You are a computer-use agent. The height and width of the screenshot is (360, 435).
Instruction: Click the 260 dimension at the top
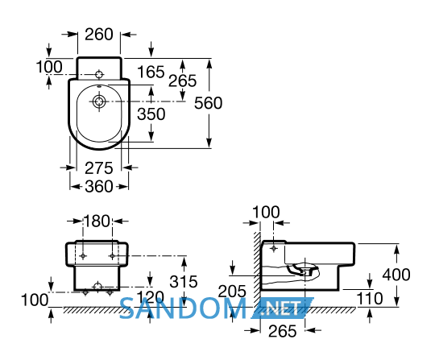point(99,35)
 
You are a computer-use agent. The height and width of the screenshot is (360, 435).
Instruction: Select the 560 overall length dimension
point(208,103)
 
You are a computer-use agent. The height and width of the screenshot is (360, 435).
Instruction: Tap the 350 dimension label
point(151,114)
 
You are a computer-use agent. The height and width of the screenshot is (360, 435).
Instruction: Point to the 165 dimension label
point(151,72)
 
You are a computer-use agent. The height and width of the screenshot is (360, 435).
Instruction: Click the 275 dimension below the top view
point(99,168)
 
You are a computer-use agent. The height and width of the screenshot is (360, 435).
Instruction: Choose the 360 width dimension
point(99,186)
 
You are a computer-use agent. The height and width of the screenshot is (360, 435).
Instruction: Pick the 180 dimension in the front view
point(97,221)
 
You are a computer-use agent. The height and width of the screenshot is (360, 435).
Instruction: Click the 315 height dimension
point(184,282)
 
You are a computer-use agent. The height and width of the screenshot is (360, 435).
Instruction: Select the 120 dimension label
point(151,297)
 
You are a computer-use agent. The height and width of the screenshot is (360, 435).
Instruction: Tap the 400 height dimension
point(396,275)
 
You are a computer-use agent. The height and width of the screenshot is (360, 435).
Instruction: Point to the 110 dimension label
point(369,299)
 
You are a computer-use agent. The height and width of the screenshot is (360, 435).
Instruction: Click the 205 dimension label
point(232,292)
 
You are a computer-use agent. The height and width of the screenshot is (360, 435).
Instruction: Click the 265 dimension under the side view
point(283,331)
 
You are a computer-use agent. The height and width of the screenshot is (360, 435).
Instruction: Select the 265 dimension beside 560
point(182,81)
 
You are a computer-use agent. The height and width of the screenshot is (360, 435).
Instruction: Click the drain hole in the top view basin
point(99,101)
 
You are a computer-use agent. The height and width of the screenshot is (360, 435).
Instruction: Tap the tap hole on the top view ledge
point(99,75)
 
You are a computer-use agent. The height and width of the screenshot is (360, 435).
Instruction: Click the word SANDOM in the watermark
point(183,308)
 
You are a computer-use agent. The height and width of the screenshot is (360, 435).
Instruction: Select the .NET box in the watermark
point(283,308)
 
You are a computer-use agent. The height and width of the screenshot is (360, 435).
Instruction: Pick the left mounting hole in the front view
point(83,256)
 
